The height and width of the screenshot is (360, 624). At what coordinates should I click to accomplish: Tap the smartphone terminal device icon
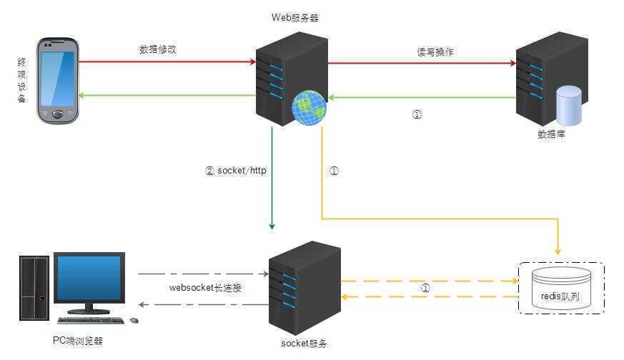[x=57, y=80]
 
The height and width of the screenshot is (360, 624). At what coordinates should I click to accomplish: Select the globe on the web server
[x=309, y=108]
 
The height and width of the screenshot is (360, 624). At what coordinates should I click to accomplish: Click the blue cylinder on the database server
[x=569, y=105]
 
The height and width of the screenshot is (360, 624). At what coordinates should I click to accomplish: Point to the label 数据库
[x=551, y=134]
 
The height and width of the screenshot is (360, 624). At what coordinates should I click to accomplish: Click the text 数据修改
[x=157, y=50]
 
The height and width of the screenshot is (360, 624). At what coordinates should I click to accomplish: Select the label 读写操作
[x=435, y=52]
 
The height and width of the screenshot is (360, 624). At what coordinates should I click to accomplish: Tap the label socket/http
[x=241, y=171]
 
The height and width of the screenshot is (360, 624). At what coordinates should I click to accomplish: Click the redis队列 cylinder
[x=561, y=288]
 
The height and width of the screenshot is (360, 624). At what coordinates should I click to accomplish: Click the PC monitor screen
[x=90, y=279]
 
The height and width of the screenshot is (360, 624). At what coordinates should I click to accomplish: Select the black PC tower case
[x=33, y=287]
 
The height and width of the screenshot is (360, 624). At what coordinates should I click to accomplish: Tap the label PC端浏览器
[x=78, y=341]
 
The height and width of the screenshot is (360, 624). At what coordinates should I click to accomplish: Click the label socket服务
[x=304, y=344]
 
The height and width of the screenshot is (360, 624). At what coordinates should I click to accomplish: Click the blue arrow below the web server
[x=272, y=179]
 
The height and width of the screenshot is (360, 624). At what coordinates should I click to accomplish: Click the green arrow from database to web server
[x=422, y=97]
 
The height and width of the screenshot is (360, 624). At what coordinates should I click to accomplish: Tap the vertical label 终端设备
[x=21, y=81]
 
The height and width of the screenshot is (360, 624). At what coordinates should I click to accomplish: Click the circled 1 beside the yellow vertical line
[x=333, y=171]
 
